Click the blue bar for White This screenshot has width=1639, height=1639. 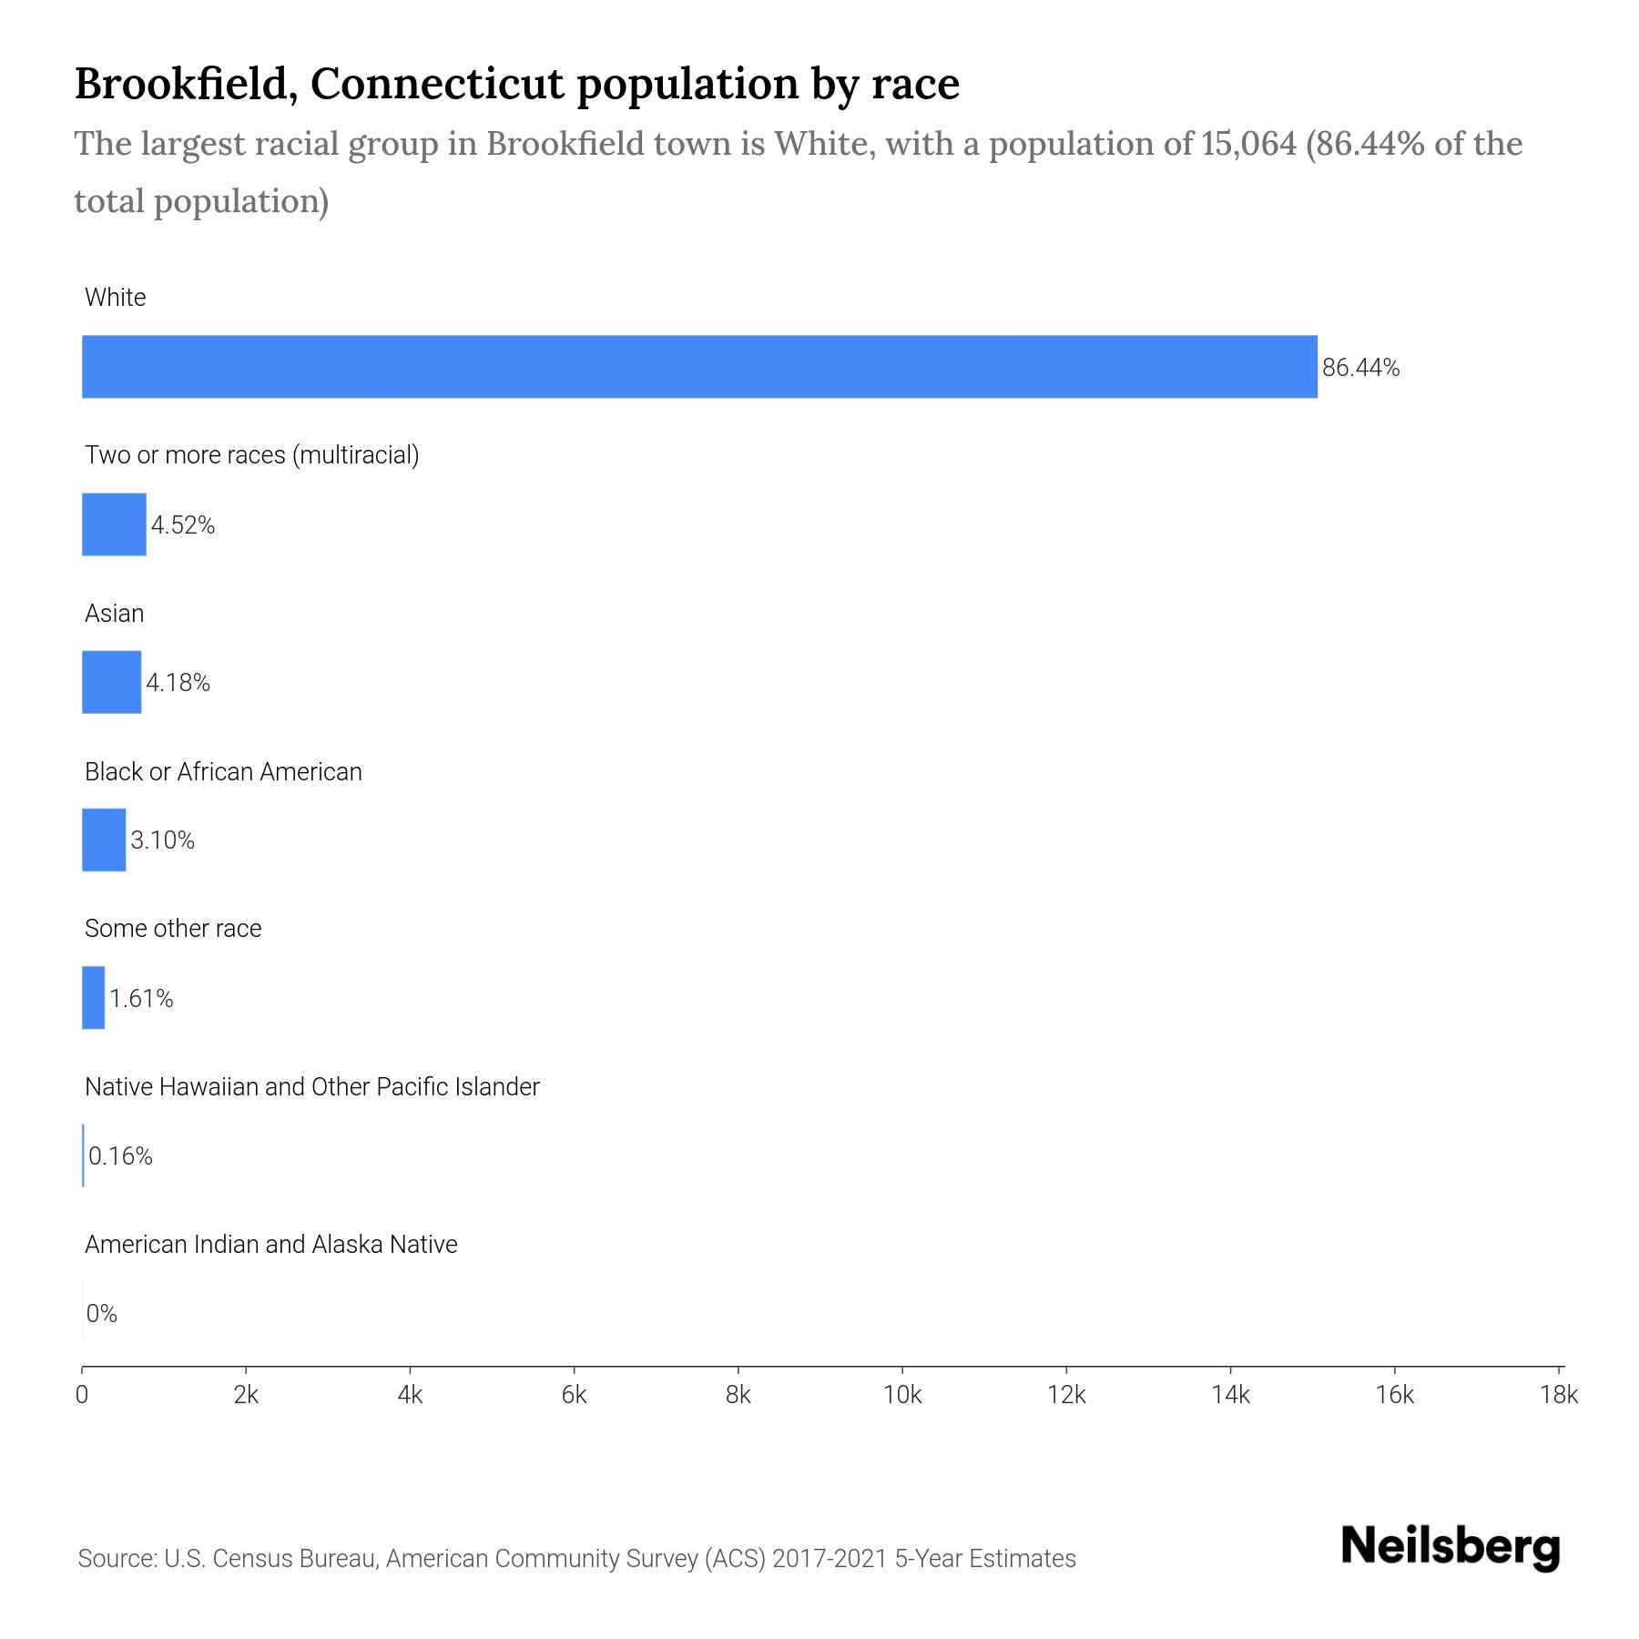699,366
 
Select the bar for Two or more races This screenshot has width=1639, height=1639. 114,524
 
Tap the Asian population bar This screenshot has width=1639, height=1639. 111,682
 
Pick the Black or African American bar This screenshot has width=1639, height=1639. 104,840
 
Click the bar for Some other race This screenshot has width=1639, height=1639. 93,998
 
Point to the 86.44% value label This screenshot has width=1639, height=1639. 1360,368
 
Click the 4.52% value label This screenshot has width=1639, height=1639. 183,525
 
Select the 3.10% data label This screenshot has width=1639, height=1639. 162,840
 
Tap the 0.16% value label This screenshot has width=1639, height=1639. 120,1156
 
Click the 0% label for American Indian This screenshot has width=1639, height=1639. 102,1314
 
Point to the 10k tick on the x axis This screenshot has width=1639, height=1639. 902,1396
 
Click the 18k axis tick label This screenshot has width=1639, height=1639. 1559,1396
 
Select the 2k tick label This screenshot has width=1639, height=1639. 246,1396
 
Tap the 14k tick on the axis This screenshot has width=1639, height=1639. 1231,1396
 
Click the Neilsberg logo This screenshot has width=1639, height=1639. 1451,1547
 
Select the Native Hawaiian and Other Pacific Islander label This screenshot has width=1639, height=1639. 311,1087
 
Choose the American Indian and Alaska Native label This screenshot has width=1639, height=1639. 270,1245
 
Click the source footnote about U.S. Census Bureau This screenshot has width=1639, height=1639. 576,1559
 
